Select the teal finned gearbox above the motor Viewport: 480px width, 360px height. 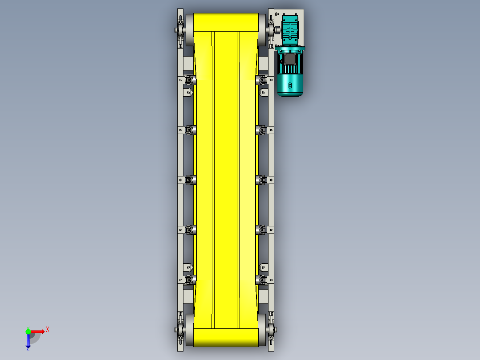click(290, 30)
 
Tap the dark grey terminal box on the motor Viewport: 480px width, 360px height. click(290, 59)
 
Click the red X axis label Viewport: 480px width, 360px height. click(48, 329)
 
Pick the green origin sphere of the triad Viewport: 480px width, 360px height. click(28, 331)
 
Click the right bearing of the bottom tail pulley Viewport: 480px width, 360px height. click(271, 331)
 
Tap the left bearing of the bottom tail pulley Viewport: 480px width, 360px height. click(179, 331)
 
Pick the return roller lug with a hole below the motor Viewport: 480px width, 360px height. click(263, 93)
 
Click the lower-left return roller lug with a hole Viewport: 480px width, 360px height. click(188, 267)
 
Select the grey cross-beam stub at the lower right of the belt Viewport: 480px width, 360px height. click(263, 295)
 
